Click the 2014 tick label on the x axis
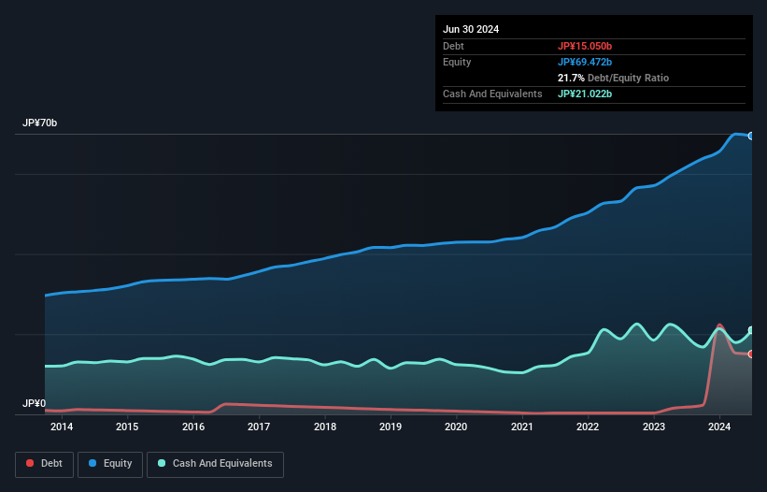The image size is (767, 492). [62, 427]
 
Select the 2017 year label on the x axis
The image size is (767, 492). [259, 427]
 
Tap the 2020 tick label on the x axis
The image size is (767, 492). [456, 427]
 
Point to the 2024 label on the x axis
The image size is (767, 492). [719, 427]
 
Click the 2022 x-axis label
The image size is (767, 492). [588, 427]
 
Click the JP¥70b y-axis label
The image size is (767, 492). [40, 123]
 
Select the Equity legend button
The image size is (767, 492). [110, 463]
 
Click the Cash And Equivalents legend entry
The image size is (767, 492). [215, 463]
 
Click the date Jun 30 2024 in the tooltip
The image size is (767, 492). [471, 29]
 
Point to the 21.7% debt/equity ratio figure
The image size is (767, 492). [570, 78]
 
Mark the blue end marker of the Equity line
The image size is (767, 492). [751, 136]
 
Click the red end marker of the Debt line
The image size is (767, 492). [751, 354]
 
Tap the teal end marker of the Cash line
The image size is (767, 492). [751, 330]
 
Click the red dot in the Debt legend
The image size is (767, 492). [30, 463]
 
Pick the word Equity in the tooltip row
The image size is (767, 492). [457, 62]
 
